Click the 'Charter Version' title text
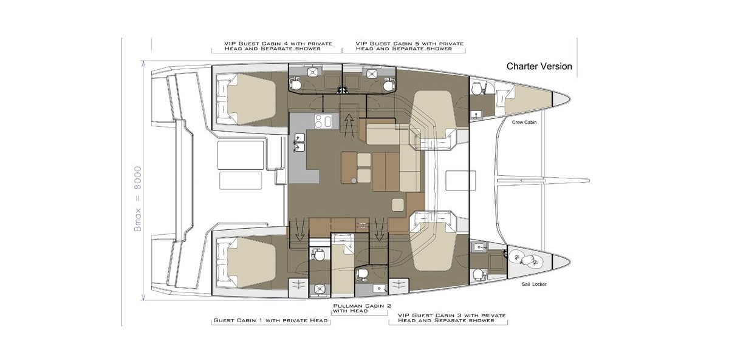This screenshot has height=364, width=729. tap(539, 66)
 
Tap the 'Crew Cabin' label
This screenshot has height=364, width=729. tap(524, 123)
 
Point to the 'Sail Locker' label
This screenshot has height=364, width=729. tap(534, 285)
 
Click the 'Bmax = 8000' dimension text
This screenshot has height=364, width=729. tap(138, 199)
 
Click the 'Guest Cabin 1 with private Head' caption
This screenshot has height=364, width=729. tap(270, 320)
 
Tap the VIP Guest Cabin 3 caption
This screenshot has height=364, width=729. tap(452, 318)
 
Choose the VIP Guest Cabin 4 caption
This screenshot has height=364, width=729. tap(278, 46)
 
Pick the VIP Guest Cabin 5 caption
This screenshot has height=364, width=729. tap(409, 46)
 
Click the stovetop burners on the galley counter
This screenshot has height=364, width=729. tap(323, 121)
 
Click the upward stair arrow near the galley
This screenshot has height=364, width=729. tap(349, 123)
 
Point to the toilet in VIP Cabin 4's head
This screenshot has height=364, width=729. tap(296, 84)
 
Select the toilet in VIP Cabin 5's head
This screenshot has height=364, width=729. tap(388, 84)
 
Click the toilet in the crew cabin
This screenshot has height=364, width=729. tap(476, 87)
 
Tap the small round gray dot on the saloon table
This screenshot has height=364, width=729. tap(354, 180)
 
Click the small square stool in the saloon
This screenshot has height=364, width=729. tap(398, 205)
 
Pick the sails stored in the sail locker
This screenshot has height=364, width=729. tap(524, 259)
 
